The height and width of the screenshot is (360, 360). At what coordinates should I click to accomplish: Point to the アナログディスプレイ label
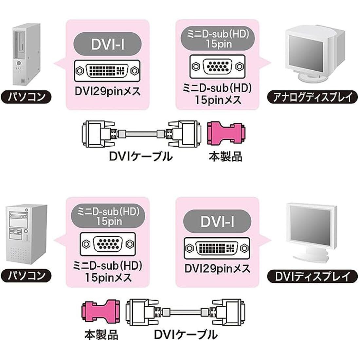tap(310, 97)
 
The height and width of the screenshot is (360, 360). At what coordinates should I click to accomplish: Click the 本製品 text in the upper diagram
tap(225, 156)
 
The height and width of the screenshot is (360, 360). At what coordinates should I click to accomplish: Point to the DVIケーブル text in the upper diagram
tap(140, 157)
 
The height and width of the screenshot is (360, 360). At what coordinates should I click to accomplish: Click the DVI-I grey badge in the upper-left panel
tap(108, 44)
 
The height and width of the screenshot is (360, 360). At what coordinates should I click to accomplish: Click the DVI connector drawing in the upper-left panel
tap(107, 70)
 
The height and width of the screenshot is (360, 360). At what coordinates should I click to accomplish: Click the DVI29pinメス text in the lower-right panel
tap(217, 269)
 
